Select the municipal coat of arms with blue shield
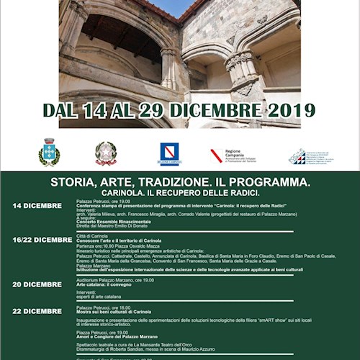pos(49,153)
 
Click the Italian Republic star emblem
pos(106,153)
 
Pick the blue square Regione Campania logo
pos(169,153)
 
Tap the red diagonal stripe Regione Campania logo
pos(216,155)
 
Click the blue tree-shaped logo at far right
pos(296,156)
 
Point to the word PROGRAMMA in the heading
pos(270,182)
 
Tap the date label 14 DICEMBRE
pos(37,205)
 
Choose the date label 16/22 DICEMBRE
pos(42,240)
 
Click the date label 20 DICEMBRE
pos(37,284)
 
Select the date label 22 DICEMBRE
pos(37,311)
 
